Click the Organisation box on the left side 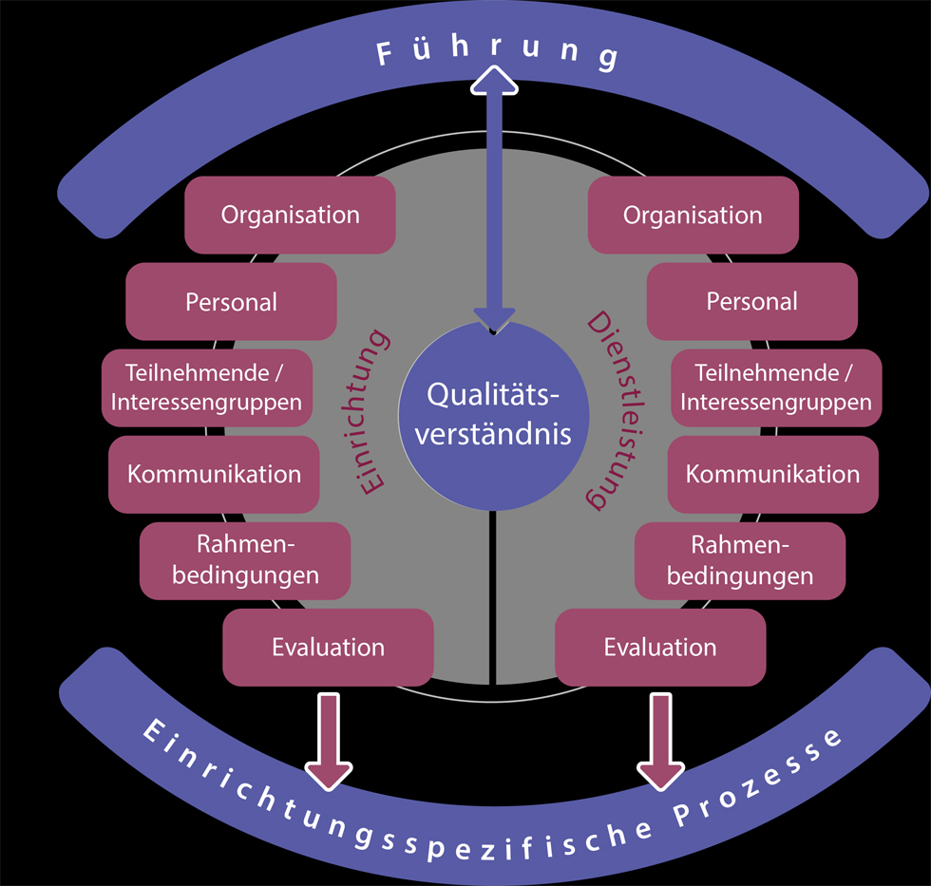290,215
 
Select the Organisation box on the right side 693,215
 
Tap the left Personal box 231,302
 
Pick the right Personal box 752,302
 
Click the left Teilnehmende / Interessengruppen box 206,386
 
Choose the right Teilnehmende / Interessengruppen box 775,386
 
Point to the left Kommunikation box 214,474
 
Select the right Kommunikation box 772,474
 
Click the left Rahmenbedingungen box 245,560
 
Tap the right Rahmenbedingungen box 739,560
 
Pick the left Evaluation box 328,648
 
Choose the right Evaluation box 660,648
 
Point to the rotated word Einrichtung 371,409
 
